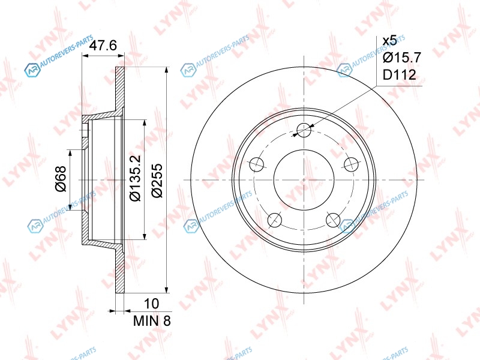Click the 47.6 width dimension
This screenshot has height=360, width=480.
[x=103, y=46]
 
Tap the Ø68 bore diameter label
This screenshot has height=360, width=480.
[x=61, y=179]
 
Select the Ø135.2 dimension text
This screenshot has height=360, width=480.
[x=135, y=178]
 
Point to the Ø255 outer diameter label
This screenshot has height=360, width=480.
[x=157, y=181]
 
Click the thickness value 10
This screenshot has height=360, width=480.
[x=151, y=304]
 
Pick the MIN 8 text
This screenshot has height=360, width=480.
[x=152, y=320]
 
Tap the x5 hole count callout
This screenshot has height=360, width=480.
[x=389, y=40]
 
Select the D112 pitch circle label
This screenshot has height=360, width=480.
[x=400, y=74]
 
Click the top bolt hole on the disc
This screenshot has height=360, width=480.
[x=304, y=130]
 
